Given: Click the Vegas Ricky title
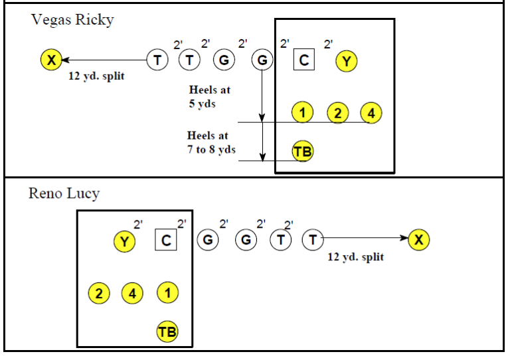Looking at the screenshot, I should pos(72,20).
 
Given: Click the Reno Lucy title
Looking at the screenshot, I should pos(64,194).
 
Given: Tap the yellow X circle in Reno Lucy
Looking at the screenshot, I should pos(418,240).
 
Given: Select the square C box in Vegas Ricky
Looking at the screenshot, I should pos(303,60).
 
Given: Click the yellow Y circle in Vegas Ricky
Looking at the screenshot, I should pos(346,61).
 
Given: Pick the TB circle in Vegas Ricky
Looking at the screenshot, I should pos(303,151).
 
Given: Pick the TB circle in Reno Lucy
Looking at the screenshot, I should pos(167,331).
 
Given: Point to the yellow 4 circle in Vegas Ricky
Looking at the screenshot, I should pos(371,113).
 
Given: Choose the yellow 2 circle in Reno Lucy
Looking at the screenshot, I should pos(100,292).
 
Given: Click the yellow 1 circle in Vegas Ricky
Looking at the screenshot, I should pos(302,113).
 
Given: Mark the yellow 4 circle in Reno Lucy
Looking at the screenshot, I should pos(132,292).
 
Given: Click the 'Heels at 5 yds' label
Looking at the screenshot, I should pos(209,96).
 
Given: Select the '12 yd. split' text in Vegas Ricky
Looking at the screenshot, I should pos(96,76).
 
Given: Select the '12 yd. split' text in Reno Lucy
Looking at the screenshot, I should pos(355,256).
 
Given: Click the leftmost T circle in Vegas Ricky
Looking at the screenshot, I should pos(157,60).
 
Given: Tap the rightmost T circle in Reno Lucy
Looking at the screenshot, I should pos(312,240).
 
